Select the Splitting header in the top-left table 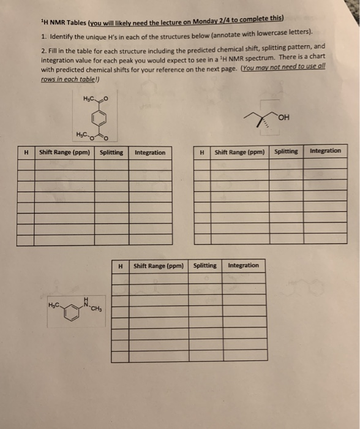110,152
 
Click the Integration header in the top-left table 150,152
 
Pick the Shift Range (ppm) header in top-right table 240,151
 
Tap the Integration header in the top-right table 326,151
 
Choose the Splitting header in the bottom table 204,265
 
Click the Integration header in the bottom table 243,265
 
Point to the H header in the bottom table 121,266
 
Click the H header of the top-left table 26,152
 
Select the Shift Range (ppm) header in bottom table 159,266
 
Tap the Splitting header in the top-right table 286,151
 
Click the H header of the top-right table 201,151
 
